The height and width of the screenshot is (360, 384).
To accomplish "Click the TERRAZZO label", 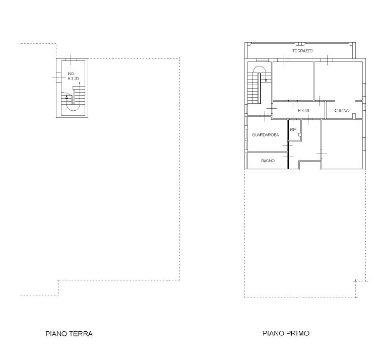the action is (302, 51).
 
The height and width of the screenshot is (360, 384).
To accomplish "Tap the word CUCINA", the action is (341, 111).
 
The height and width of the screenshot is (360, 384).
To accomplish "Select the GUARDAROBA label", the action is (266, 135).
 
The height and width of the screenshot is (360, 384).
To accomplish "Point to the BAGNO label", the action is (268, 161).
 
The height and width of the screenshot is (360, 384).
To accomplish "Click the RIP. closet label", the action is (293, 129).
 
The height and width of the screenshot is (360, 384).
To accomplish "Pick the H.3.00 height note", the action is (303, 111).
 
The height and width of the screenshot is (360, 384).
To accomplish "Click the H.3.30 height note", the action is (73, 79).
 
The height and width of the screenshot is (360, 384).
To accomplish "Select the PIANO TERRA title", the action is (69, 334).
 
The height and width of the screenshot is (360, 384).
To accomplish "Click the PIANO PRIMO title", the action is (286, 333).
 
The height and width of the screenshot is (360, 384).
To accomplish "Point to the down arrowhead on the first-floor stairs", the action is (266, 81).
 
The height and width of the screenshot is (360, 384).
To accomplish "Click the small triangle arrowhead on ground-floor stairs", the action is (67, 97).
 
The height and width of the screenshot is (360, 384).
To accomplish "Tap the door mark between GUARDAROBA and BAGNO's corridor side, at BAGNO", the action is (288, 157).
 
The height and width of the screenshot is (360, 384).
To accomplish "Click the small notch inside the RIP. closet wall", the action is (299, 135).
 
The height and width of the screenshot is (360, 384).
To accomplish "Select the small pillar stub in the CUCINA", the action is (354, 116).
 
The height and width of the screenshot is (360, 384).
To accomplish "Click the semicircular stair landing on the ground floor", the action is (73, 108).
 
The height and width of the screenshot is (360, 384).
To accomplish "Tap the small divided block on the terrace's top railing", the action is (299, 44).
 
